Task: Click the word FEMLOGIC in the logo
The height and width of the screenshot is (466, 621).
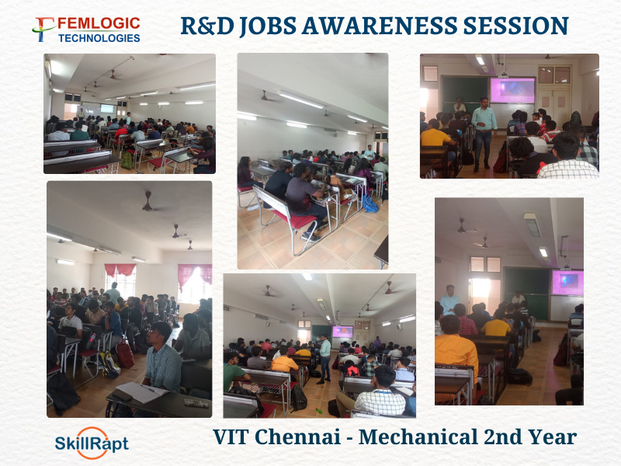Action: (x=99, y=24)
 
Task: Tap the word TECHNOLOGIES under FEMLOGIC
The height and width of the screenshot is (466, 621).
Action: (x=99, y=38)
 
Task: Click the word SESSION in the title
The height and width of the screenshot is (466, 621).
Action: (x=515, y=26)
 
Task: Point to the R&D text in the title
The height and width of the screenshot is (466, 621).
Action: (x=207, y=26)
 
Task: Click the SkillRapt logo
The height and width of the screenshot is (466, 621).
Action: (x=92, y=443)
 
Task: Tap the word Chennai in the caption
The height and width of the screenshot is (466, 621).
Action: (x=298, y=436)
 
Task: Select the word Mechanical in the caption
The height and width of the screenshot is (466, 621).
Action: (x=418, y=436)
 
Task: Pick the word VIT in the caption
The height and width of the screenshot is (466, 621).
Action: (x=231, y=436)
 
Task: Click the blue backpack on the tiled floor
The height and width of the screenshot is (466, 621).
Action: (x=369, y=203)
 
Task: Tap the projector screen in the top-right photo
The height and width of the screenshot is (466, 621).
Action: (x=513, y=90)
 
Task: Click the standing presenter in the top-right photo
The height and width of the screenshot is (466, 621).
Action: (x=483, y=134)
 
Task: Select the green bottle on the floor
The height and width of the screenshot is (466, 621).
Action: (x=319, y=411)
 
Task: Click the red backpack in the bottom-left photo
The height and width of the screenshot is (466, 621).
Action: (x=125, y=354)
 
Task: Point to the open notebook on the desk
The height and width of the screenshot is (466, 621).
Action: (x=141, y=391)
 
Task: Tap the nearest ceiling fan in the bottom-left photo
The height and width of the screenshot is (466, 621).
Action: (x=147, y=203)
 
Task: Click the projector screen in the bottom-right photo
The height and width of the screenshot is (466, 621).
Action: (x=568, y=283)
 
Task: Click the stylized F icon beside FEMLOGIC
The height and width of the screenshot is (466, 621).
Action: (x=43, y=30)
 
